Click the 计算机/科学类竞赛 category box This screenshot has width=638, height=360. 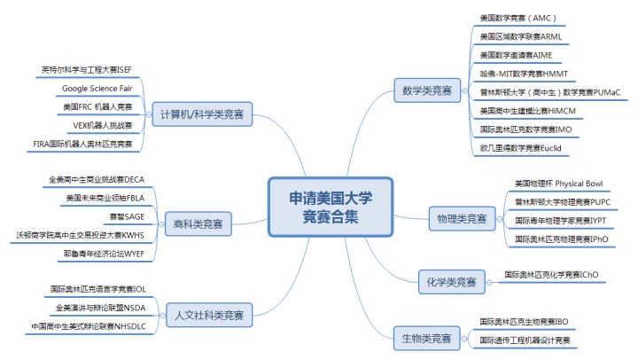201,114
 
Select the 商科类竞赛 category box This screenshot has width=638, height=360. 198,225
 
